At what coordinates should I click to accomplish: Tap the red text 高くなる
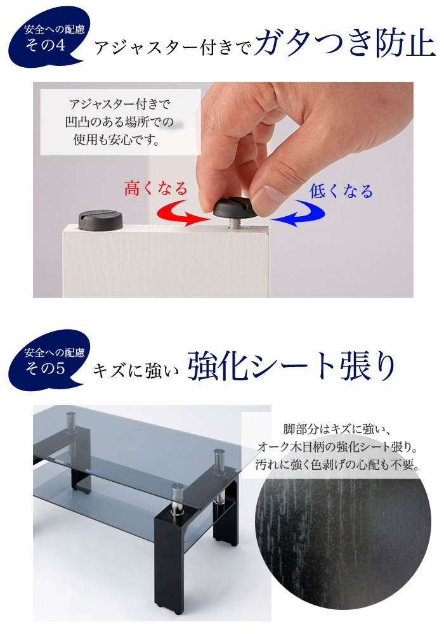coord(155,188)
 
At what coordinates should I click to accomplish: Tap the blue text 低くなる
coord(341,190)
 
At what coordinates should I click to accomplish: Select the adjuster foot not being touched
coord(100,219)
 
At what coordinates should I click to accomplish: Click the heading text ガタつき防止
coord(345,44)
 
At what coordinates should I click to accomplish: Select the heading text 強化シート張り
coord(291,366)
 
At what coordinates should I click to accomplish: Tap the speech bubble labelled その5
coord(49,360)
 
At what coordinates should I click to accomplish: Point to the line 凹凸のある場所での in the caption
coord(119,122)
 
